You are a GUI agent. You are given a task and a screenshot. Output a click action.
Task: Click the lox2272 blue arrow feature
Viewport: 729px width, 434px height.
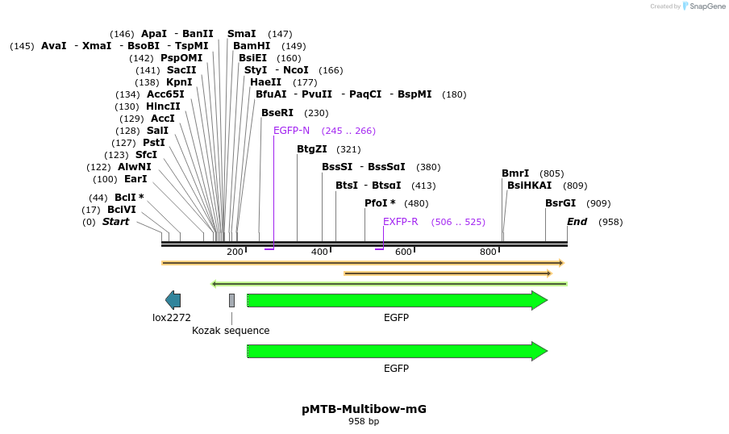[173, 300]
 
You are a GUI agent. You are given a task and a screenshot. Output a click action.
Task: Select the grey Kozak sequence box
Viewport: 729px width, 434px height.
[231, 300]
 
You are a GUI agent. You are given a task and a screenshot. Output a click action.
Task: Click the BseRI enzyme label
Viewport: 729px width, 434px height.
[277, 113]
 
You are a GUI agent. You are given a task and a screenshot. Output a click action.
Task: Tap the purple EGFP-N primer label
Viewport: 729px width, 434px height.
[291, 131]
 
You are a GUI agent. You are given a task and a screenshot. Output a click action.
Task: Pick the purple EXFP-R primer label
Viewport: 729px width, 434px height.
[400, 222]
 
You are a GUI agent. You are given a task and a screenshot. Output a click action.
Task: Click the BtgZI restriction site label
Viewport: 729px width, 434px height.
[312, 149]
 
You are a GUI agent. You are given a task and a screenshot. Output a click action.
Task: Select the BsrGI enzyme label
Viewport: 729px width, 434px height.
[560, 203]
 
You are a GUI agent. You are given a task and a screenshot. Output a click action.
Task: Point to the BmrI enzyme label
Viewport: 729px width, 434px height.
[515, 173]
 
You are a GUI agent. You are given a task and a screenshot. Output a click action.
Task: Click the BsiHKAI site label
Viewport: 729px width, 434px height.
[530, 186]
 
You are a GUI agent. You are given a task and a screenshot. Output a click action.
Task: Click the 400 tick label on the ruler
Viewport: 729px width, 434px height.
[319, 252]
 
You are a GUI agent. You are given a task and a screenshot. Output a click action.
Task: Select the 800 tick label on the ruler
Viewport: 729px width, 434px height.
[488, 252]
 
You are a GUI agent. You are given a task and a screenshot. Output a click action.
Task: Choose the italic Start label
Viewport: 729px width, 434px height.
[115, 222]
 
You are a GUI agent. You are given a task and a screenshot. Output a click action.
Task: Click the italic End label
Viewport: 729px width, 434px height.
[577, 222]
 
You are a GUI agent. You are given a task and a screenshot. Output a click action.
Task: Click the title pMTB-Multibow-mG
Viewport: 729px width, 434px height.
[364, 409]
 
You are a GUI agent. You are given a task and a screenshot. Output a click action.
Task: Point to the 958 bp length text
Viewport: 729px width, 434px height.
[364, 421]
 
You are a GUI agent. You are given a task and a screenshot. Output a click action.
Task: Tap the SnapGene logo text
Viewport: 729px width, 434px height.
[706, 6]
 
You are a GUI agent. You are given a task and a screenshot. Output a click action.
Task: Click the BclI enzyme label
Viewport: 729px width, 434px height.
[126, 198]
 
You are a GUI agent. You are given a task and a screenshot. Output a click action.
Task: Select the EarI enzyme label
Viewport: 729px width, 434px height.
[135, 179]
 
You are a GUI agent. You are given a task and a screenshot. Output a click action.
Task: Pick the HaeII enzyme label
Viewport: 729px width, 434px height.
[266, 82]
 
